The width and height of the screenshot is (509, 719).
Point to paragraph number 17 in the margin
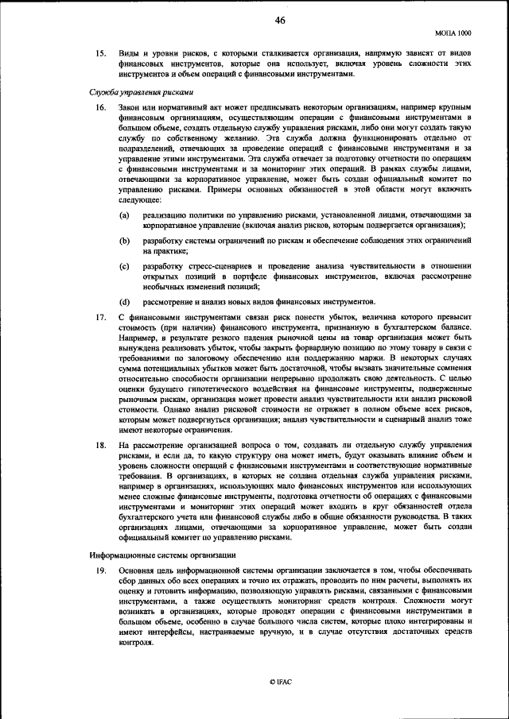click(x=100, y=317)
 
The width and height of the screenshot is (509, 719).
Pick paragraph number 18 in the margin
click(x=100, y=446)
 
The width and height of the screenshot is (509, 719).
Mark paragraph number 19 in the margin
click(x=100, y=570)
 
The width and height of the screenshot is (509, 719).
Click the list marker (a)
click(x=125, y=215)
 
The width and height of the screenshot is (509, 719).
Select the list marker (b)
click(x=125, y=239)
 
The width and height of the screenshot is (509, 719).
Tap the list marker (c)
click(x=125, y=265)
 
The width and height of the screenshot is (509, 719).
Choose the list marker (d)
click(x=125, y=302)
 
